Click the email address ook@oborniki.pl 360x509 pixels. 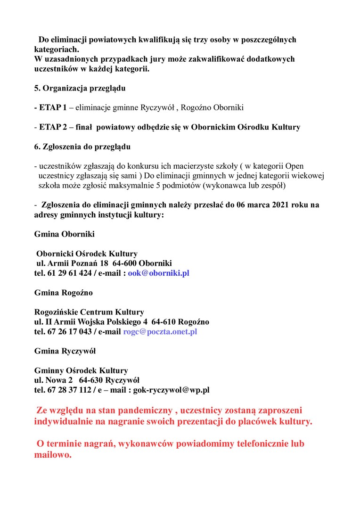click(x=158, y=273)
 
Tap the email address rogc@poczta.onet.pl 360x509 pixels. click(x=160, y=331)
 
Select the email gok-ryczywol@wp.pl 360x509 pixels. click(x=172, y=390)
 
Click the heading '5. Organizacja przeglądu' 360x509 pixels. click(x=79, y=88)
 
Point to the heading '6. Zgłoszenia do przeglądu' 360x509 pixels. click(x=82, y=147)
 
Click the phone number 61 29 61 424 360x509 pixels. click(x=70, y=273)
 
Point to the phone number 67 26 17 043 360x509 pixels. click(x=70, y=331)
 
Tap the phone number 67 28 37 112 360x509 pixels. click(x=70, y=390)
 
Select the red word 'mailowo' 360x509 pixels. click(x=51, y=455)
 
